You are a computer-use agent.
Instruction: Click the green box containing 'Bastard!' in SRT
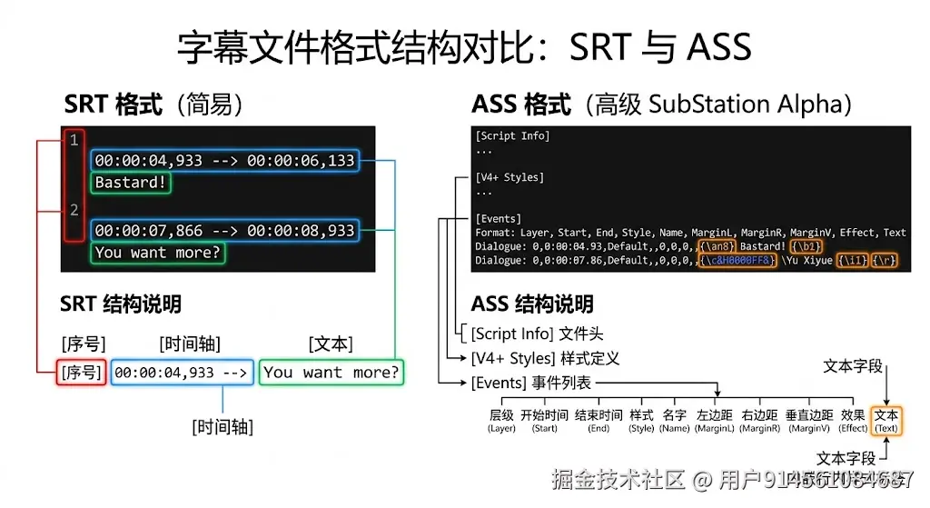(x=132, y=183)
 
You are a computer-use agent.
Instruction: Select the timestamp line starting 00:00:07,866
(x=224, y=231)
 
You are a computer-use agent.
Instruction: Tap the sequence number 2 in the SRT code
(x=74, y=210)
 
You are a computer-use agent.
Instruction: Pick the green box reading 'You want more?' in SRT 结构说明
(x=331, y=373)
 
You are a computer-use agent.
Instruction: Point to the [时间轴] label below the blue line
(x=223, y=426)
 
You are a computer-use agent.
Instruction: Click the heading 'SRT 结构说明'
(x=121, y=304)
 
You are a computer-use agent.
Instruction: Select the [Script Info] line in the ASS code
(x=512, y=136)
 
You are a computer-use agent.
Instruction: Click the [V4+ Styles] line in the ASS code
(x=509, y=177)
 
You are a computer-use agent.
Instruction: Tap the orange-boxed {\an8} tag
(x=717, y=246)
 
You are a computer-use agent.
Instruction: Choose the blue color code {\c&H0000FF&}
(x=737, y=261)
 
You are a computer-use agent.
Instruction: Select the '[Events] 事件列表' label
(x=531, y=383)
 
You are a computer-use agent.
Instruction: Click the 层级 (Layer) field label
(x=501, y=421)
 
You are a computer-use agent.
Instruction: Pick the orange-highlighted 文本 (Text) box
(x=885, y=420)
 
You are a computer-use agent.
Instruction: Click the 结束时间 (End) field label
(x=599, y=421)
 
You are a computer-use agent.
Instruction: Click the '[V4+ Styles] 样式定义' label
(x=545, y=359)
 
